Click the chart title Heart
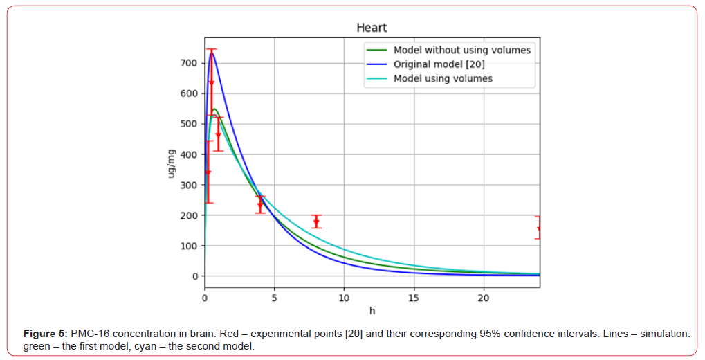tap(372, 28)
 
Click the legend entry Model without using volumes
tap(461, 50)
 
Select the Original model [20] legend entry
tap(439, 64)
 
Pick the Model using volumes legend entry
tap(443, 78)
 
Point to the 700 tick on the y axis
tap(189, 63)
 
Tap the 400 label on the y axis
tap(189, 154)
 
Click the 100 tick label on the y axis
tap(189, 246)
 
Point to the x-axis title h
tap(372, 309)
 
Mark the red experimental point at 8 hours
tap(316, 222)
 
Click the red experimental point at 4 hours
tap(260, 204)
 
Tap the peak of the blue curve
tap(212, 53)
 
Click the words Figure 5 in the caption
tap(44, 334)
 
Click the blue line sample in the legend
tap(377, 64)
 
